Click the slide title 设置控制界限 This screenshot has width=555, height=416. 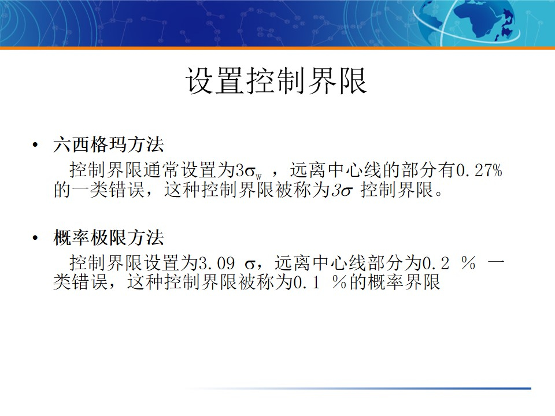276,81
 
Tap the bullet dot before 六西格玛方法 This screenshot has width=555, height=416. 36,145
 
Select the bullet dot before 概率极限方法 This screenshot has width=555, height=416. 36,238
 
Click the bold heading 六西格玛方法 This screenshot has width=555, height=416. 109,145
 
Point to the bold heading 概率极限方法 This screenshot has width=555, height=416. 109,238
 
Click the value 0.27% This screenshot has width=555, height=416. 480,171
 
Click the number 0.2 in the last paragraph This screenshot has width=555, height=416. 436,264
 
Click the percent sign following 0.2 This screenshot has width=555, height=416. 468,264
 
